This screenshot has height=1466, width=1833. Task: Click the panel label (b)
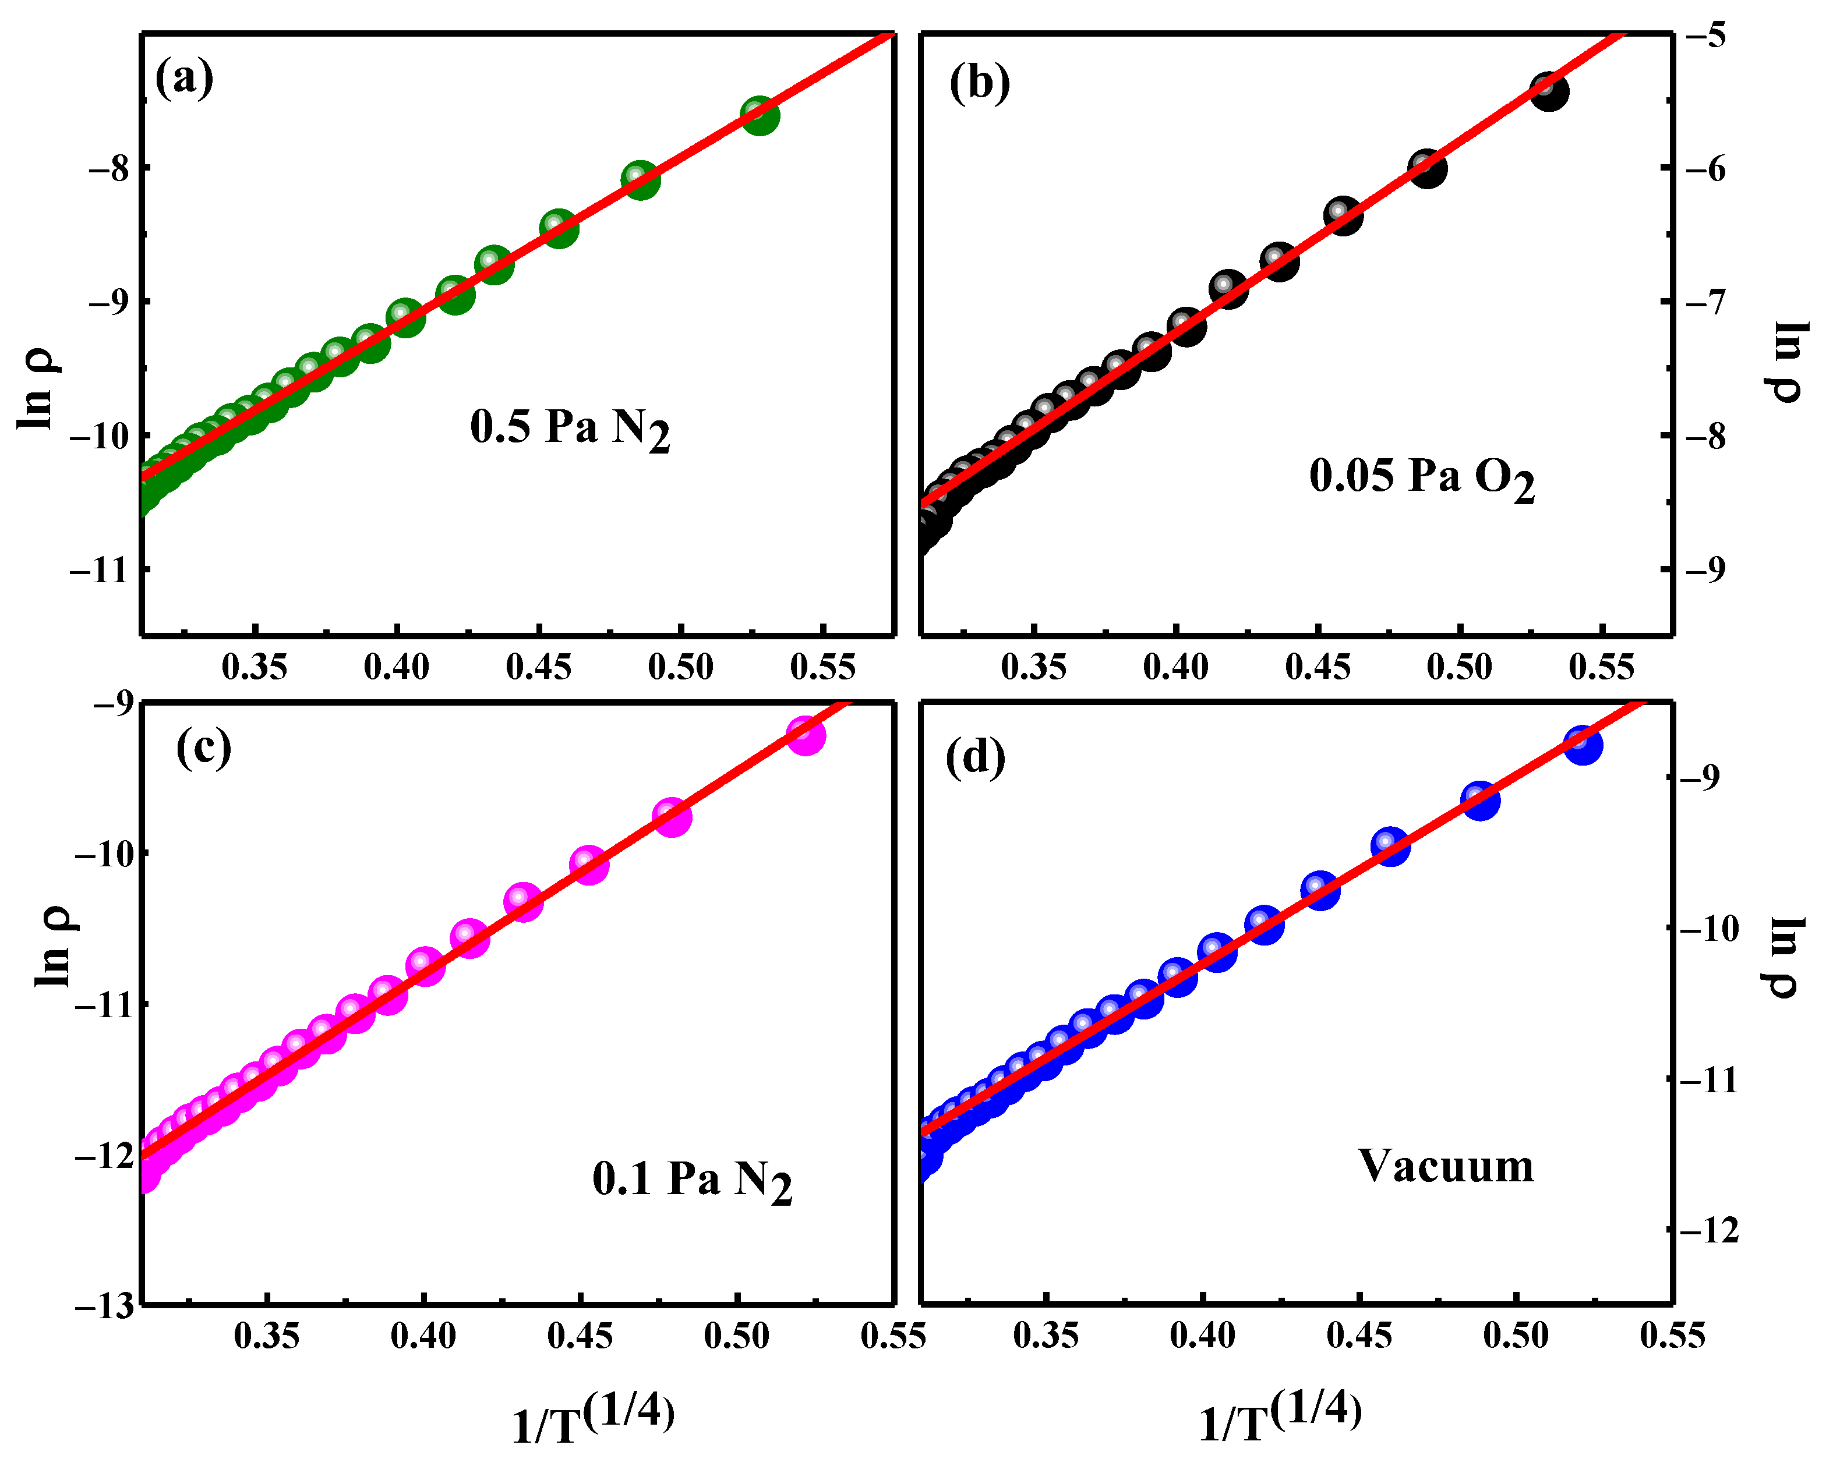pos(980,83)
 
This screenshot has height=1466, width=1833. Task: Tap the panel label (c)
pos(204,748)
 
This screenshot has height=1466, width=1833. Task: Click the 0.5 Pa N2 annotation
pos(570,429)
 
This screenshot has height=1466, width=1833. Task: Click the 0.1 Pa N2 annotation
pos(692,1181)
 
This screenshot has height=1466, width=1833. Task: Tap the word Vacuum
pos(1445,1166)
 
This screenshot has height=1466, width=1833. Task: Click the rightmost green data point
pos(760,116)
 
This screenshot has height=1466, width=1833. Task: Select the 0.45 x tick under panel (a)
pos(539,667)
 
